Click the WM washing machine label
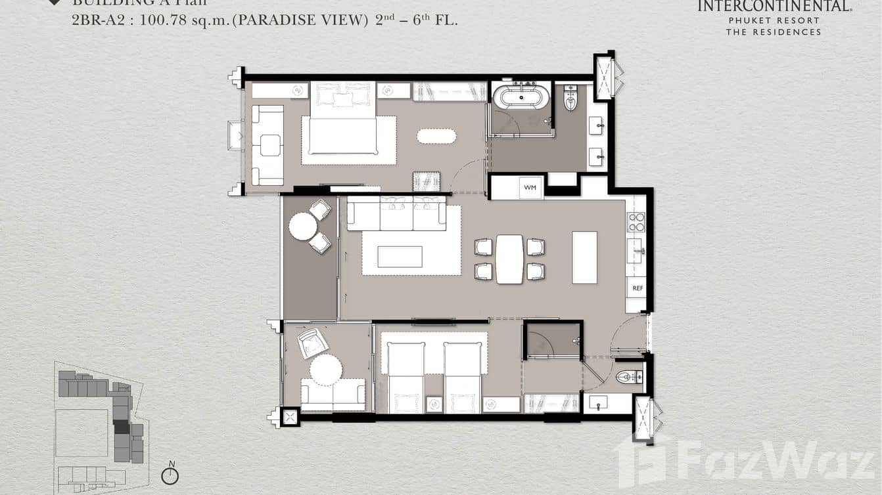point(530,188)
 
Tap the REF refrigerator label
point(637,288)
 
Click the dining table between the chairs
point(509,259)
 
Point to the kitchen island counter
point(584,257)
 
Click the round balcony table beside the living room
point(303,226)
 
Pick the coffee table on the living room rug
point(400,257)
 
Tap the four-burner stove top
point(636,223)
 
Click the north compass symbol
point(170,475)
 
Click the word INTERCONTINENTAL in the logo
point(774,7)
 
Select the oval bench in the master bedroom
point(436,136)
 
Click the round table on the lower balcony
point(326,370)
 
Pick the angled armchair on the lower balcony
point(313,342)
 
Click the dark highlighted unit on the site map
point(122,427)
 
